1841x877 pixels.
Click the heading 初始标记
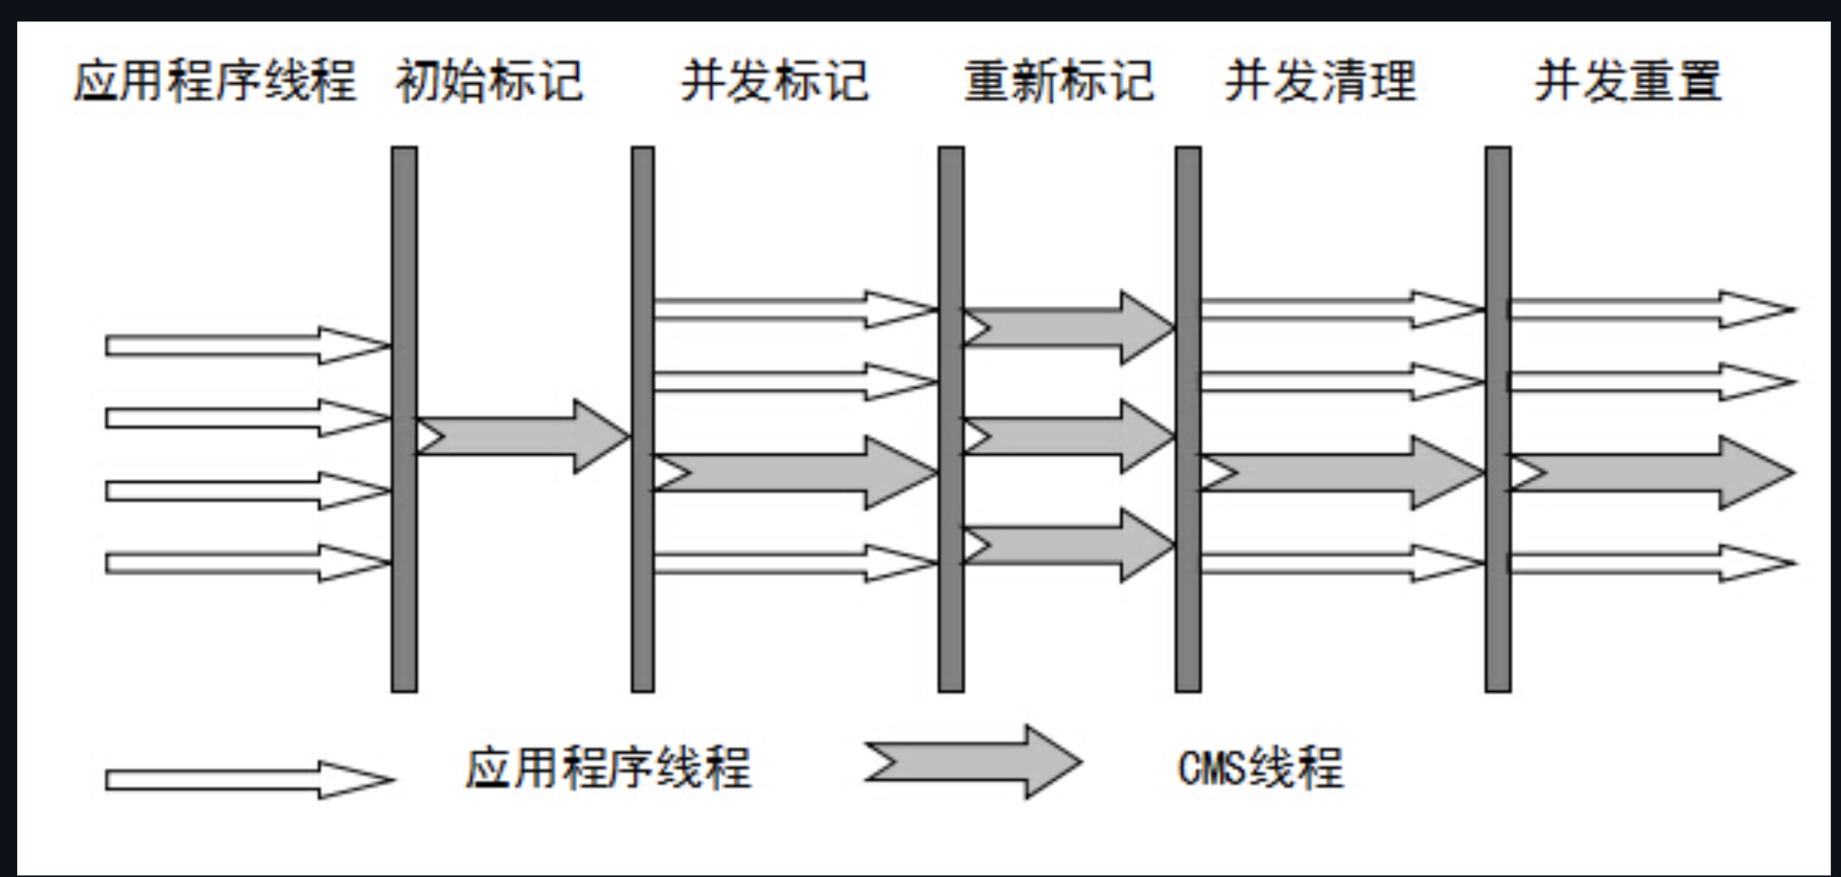click(489, 81)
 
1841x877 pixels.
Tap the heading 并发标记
click(774, 81)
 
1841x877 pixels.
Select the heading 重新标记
click(1059, 81)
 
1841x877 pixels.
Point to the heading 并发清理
click(1320, 81)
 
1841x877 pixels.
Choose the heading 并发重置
click(1628, 81)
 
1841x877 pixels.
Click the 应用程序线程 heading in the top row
click(214, 81)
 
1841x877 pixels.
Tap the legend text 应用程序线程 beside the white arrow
click(608, 767)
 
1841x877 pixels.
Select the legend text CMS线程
click(1260, 767)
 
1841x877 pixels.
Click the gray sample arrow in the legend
click(973, 762)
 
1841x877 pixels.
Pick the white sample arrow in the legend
click(248, 779)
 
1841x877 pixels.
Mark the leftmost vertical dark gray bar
click(404, 419)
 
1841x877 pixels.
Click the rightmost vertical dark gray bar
click(1498, 419)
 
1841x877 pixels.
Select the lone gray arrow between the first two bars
click(522, 437)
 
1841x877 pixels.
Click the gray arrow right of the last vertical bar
click(1648, 473)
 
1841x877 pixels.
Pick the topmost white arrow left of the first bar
click(248, 345)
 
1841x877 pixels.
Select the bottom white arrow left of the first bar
click(248, 563)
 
